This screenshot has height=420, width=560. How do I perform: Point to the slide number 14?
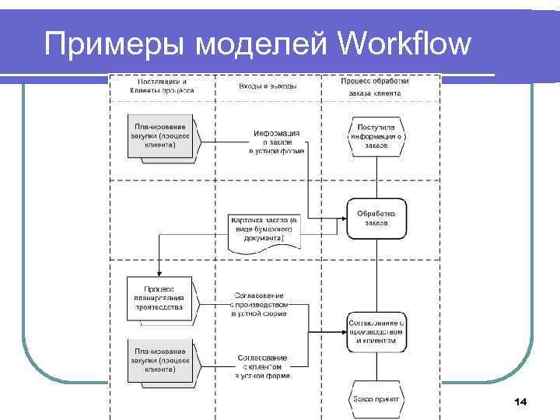click(520, 401)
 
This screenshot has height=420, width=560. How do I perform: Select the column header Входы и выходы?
click(268, 86)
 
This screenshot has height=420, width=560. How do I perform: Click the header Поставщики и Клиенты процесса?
click(162, 86)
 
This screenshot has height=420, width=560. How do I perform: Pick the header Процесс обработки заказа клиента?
click(376, 86)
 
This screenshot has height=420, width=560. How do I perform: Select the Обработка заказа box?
click(376, 219)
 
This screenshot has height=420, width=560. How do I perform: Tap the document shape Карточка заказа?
click(264, 231)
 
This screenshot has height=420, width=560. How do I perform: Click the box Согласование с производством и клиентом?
click(376, 331)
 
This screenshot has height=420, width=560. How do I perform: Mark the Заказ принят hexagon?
click(376, 399)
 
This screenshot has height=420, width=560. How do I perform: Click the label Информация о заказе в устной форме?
click(276, 142)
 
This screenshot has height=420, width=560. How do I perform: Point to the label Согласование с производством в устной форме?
click(261, 305)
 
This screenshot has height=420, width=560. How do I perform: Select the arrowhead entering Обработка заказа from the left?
click(343, 218)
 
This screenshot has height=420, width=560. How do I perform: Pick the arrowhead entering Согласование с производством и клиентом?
click(343, 331)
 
